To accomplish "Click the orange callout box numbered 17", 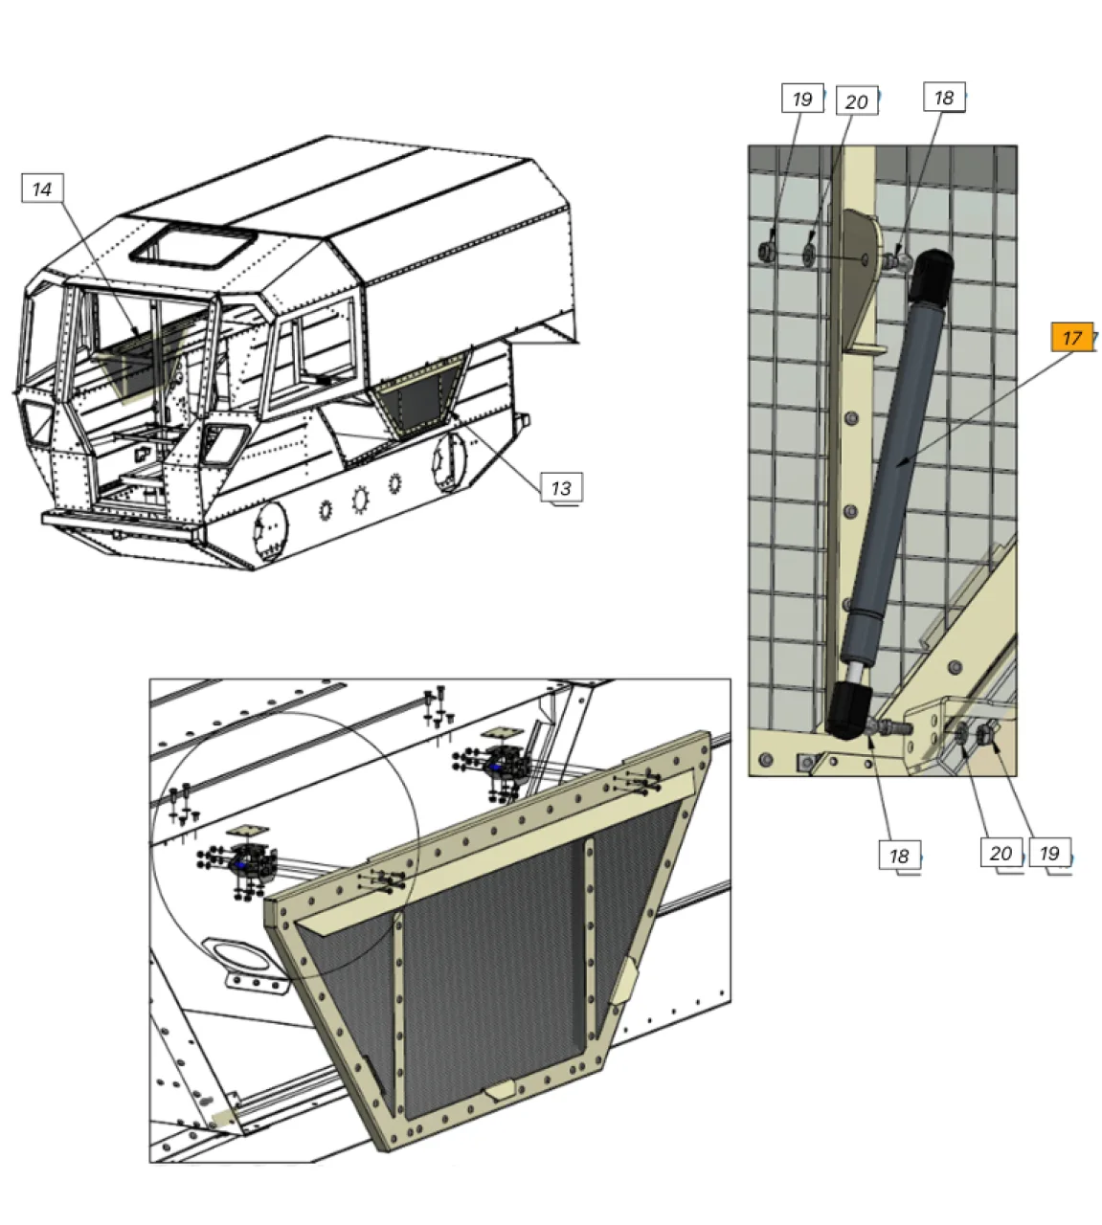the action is pyautogui.click(x=1071, y=337).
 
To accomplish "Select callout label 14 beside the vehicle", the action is pyautogui.click(x=42, y=189).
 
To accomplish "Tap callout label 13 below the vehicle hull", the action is pyautogui.click(x=561, y=488).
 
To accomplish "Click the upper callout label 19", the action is pyautogui.click(x=802, y=99).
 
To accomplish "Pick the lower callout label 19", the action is pyautogui.click(x=1049, y=853).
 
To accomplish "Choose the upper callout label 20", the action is pyautogui.click(x=856, y=101).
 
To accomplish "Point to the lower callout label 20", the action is pyautogui.click(x=1001, y=853).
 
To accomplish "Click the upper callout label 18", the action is pyautogui.click(x=944, y=97).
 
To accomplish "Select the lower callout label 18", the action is pyautogui.click(x=899, y=856).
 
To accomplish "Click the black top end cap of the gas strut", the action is pyautogui.click(x=931, y=275).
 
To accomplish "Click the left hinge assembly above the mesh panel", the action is pyautogui.click(x=241, y=867).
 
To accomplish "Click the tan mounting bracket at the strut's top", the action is pyautogui.click(x=862, y=284).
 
